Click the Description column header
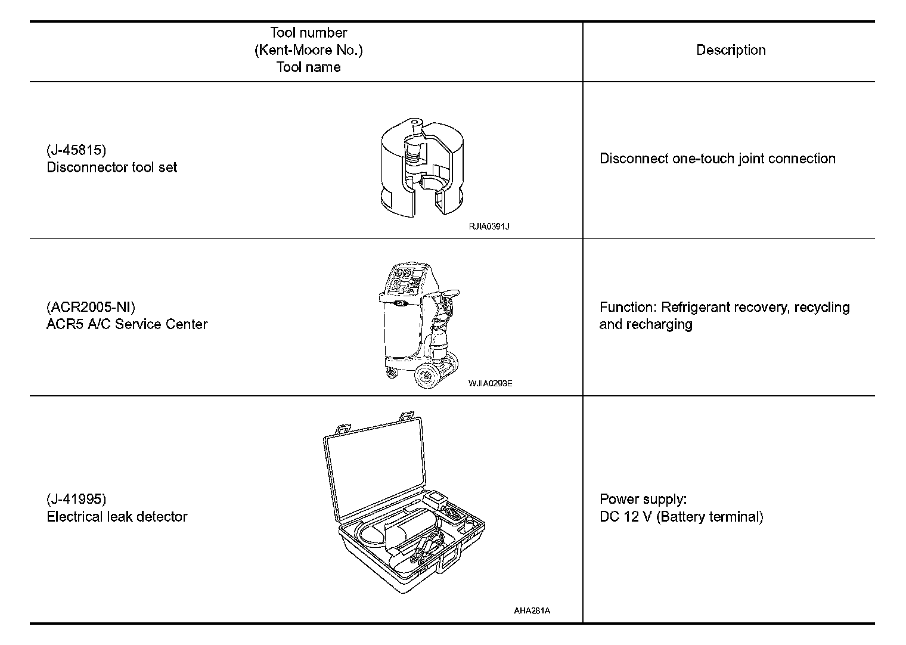pyautogui.click(x=731, y=50)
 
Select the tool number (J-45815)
pyautogui.click(x=76, y=150)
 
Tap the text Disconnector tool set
pyautogui.click(x=112, y=168)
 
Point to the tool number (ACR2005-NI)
pyautogui.click(x=91, y=307)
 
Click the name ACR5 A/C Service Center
pyautogui.click(x=127, y=324)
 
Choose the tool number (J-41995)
pyautogui.click(x=76, y=499)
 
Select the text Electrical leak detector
pyautogui.click(x=117, y=516)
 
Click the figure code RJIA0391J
pyautogui.click(x=489, y=227)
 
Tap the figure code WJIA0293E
pyautogui.click(x=490, y=383)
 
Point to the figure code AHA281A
pyautogui.click(x=532, y=610)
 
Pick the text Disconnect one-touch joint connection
pyautogui.click(x=718, y=159)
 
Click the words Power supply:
pyautogui.click(x=643, y=499)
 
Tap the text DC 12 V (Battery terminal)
pyautogui.click(x=681, y=516)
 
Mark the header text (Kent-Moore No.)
pyautogui.click(x=308, y=50)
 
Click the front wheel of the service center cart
pyautogui.click(x=426, y=377)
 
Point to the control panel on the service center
pyautogui.click(x=405, y=281)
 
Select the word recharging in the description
pyautogui.click(x=663, y=324)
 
